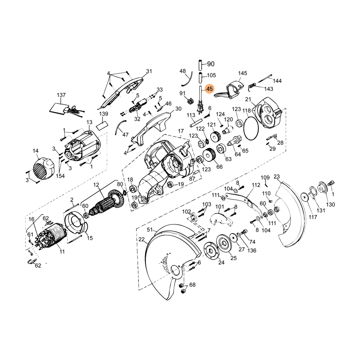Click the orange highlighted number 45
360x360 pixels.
(209, 89)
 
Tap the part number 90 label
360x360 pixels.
(211, 64)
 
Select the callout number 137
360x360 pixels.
(61, 95)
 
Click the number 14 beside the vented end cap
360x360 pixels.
(35, 151)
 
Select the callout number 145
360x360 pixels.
(243, 73)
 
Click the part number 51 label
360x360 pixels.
(150, 230)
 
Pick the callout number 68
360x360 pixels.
(192, 285)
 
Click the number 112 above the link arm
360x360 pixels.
(256, 185)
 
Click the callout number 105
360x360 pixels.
(211, 75)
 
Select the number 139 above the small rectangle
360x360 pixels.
(103, 114)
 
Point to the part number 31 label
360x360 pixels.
(149, 71)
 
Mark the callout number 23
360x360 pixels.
(276, 176)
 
